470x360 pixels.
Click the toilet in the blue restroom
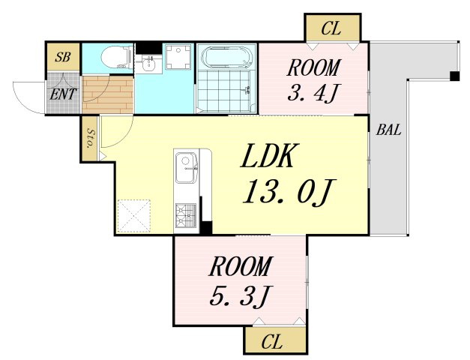[117, 58]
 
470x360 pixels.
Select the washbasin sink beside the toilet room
[148, 64]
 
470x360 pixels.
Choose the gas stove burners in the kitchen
[186, 215]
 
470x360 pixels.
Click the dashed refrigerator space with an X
[133, 216]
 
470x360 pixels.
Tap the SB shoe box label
[62, 57]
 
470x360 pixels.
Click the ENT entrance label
[63, 94]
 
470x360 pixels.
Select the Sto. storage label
[90, 138]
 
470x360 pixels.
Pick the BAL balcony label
[388, 130]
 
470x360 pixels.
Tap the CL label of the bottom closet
[272, 342]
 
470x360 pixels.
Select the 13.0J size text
[289, 192]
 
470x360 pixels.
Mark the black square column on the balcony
[454, 76]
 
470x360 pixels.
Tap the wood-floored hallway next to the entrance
[108, 94]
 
